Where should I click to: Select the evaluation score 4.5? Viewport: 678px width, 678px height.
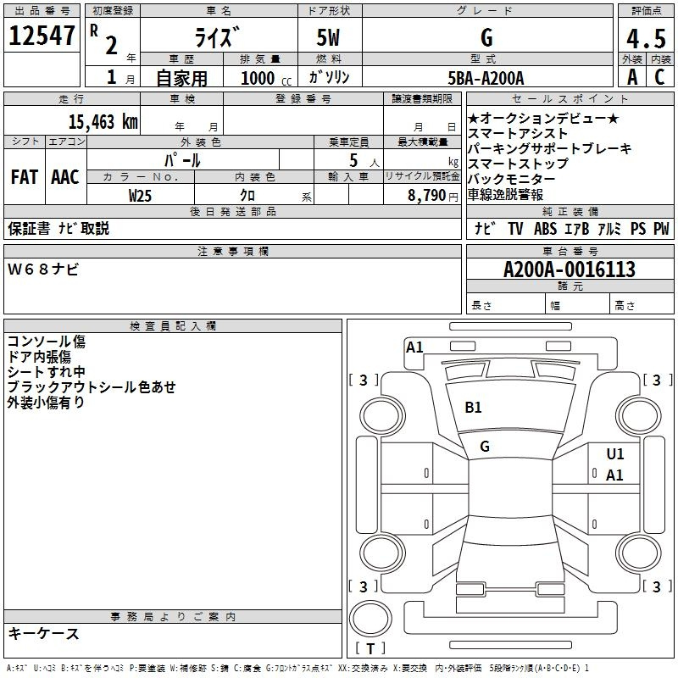[x=645, y=38]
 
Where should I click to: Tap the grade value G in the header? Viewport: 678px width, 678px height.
[x=486, y=38]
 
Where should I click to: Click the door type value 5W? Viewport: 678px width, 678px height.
[x=331, y=38]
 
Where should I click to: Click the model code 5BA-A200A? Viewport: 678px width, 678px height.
[x=486, y=78]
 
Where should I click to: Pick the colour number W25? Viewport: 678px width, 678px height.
[x=141, y=195]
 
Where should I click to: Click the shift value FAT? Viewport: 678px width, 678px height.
[x=24, y=177]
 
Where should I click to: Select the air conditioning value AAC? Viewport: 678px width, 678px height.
[x=65, y=177]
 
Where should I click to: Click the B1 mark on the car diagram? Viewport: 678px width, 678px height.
[x=473, y=408]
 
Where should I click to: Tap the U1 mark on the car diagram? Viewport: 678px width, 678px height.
[x=615, y=454]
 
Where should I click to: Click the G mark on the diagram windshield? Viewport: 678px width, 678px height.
[x=485, y=447]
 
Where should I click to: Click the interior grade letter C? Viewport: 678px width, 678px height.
[x=659, y=77]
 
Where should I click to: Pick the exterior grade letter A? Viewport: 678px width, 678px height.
[x=631, y=77]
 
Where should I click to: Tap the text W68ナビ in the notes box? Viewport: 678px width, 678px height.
[x=43, y=270]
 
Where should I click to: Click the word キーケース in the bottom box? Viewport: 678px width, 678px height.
[x=43, y=634]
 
